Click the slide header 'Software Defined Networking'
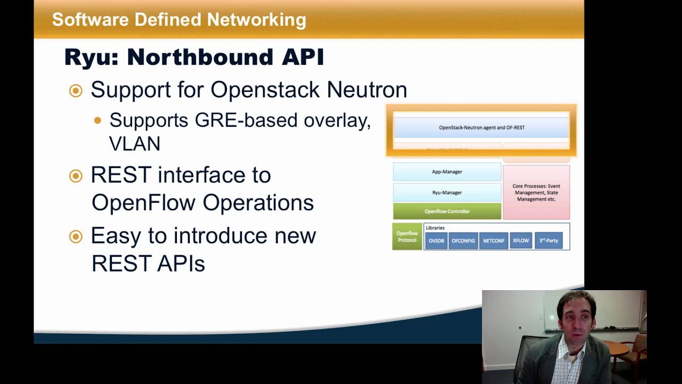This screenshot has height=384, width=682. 179,20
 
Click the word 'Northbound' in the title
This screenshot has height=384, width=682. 200,57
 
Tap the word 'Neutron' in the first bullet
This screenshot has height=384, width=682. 367,90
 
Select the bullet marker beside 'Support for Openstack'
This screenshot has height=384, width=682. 76,91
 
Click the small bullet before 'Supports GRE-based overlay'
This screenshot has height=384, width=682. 98,121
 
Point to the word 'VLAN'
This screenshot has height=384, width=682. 134,143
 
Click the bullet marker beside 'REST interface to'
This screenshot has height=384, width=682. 76,176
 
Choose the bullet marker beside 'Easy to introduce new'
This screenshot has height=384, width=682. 76,236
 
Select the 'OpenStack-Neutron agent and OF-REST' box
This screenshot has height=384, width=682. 481,127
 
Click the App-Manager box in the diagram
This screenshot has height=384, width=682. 446,172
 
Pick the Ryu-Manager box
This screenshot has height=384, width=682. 446,193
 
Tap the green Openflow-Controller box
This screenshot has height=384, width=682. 446,211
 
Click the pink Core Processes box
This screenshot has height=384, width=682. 536,193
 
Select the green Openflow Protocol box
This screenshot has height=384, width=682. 407,237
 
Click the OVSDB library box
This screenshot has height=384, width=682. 436,241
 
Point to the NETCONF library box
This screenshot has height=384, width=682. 493,241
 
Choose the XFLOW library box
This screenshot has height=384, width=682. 521,241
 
